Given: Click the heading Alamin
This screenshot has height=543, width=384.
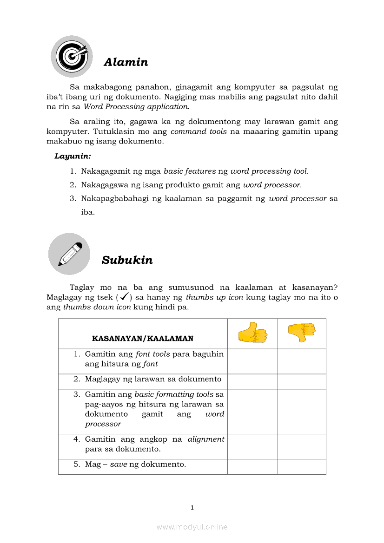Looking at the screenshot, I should point(126,62).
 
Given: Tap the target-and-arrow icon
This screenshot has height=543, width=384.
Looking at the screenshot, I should point(72,56).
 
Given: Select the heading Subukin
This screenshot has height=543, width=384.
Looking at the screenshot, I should point(127,260).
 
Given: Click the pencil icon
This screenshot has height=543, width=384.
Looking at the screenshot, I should point(69,254).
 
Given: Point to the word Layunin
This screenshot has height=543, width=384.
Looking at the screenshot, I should point(73,156).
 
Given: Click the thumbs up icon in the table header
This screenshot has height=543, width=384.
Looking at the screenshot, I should point(252,333).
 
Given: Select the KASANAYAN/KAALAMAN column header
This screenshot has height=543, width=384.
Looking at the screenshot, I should point(143,339).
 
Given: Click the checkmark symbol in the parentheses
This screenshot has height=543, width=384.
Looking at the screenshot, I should point(124,297).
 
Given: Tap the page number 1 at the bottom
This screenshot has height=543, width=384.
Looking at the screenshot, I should point(192,508).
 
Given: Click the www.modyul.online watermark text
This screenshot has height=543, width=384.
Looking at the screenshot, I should point(192,527).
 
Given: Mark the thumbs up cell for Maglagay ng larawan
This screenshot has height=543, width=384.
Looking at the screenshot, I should point(252,381).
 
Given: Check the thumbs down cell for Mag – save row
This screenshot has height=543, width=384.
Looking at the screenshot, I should point(302,466).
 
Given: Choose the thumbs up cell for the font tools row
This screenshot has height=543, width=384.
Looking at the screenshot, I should point(252,361).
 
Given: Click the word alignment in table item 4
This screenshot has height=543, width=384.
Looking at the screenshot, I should point(206,439).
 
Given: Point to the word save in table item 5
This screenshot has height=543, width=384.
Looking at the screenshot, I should point(119,464).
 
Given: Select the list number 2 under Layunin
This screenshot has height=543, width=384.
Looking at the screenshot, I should point(73,185).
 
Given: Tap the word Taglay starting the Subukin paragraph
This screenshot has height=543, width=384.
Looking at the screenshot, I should point(81,288).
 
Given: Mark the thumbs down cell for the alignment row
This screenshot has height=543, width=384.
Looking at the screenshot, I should point(302,446).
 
